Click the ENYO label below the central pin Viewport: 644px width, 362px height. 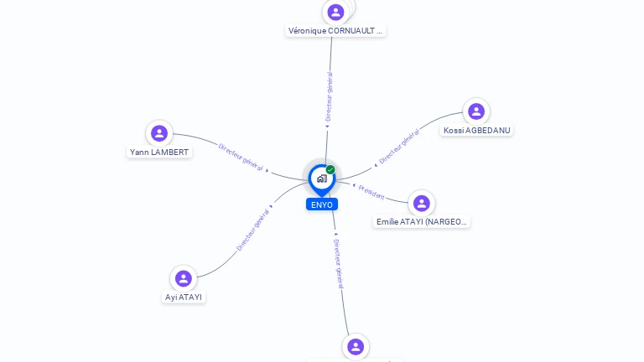(x=321, y=204)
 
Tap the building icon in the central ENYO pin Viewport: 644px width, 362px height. (x=321, y=178)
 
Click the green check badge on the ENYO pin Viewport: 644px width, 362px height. (x=330, y=170)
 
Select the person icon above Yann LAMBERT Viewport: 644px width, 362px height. (x=159, y=133)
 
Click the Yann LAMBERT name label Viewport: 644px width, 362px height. (x=159, y=153)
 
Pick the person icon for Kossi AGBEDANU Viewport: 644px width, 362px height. (x=476, y=111)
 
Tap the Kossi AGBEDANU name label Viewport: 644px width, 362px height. (x=476, y=131)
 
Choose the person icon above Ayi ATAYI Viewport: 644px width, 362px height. (x=184, y=278)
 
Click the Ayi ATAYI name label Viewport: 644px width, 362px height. (x=184, y=297)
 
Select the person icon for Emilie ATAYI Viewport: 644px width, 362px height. (x=422, y=203)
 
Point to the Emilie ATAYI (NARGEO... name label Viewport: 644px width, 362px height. (x=422, y=222)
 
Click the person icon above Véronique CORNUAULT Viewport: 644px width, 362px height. (x=336, y=12)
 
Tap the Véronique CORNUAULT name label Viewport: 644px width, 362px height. (x=335, y=31)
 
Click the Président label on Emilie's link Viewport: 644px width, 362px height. (x=371, y=192)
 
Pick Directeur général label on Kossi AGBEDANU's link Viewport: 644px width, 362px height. (x=398, y=146)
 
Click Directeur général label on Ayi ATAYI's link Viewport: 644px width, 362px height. (x=252, y=230)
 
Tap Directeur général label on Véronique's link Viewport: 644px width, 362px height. (x=330, y=97)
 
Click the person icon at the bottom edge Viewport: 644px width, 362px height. (x=356, y=346)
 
